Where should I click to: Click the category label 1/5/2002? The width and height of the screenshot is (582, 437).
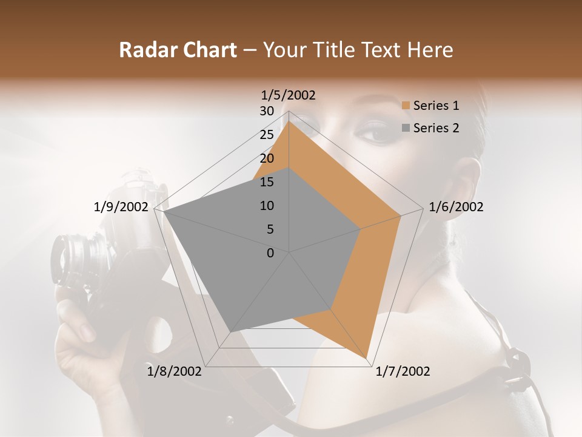coord(289,95)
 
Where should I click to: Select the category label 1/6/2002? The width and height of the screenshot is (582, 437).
coord(456,207)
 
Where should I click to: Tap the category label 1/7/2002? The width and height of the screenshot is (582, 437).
coord(403,371)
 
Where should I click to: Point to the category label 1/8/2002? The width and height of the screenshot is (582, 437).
coord(175,371)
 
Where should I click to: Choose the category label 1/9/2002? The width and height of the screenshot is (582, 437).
coord(121,207)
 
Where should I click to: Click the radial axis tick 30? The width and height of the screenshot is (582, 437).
coord(267,111)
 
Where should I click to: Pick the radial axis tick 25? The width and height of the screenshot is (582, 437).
coord(267,135)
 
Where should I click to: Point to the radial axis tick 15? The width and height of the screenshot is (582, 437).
coord(267,182)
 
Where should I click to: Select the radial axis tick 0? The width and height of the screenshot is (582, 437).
coord(270,253)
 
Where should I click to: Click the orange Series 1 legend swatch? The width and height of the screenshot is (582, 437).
coord(406,106)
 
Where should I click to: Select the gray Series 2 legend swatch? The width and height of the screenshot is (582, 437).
coord(406,128)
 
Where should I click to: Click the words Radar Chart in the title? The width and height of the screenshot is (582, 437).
coord(178,50)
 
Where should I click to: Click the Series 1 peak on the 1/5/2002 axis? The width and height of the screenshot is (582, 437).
coord(289,122)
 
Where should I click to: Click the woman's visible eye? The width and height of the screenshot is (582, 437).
coord(377,132)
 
